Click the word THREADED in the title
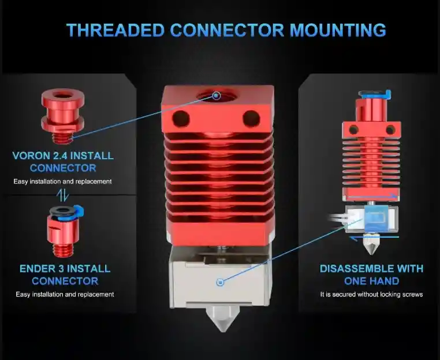point(115,30)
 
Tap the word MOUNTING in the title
point(338,30)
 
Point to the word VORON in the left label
point(30,156)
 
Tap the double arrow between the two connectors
point(63,194)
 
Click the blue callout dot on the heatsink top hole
point(216,96)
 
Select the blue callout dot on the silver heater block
point(220,282)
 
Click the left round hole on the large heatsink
point(181,118)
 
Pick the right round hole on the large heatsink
point(251,118)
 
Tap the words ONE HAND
point(371,281)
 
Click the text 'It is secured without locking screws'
point(371,294)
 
